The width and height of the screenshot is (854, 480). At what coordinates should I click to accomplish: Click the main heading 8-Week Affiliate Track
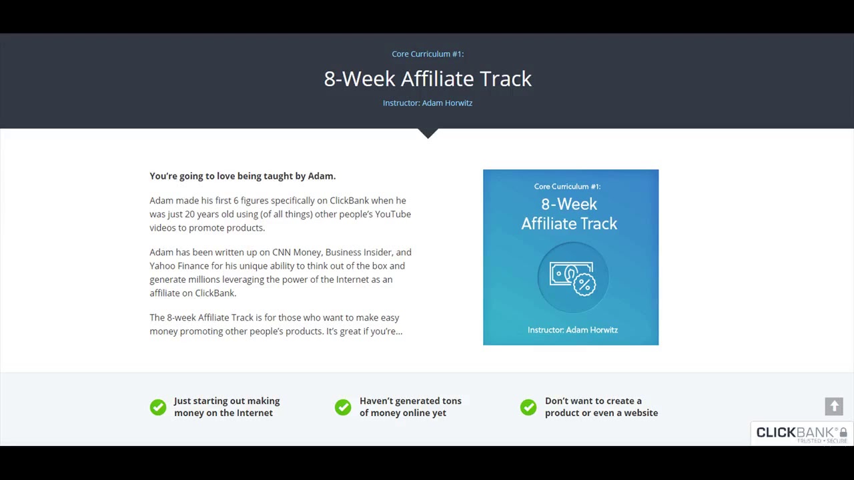point(428,79)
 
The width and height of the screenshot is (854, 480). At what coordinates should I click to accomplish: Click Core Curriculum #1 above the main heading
point(428,54)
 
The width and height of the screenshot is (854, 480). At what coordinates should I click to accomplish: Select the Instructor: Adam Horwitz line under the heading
point(428,103)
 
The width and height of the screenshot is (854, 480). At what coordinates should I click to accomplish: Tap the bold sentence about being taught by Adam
point(242,176)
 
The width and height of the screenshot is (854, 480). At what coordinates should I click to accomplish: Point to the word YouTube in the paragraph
point(393,214)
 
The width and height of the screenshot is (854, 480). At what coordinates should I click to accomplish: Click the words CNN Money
point(297,252)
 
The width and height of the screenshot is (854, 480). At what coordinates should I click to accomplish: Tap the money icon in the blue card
point(572,277)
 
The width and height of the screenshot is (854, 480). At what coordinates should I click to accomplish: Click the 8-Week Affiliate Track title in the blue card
point(569,213)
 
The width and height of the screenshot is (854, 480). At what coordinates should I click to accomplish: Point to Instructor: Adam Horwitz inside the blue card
point(572,330)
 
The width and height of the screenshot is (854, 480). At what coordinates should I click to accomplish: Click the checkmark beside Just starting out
point(158,407)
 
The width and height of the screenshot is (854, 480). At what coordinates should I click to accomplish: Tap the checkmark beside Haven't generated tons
point(343,407)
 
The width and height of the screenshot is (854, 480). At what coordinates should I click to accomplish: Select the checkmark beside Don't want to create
point(528,407)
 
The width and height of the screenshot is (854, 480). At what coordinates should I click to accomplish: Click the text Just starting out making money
point(226,407)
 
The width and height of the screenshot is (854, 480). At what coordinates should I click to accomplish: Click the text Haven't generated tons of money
point(410,407)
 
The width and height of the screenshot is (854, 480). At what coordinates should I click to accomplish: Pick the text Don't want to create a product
point(601,407)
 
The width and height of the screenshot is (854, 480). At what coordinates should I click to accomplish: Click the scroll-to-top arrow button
point(834,406)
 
